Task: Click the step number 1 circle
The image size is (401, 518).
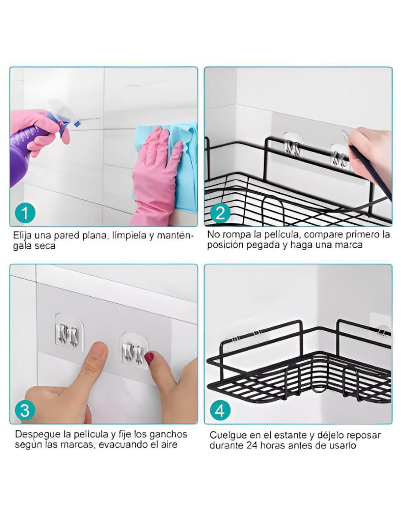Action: (x=25, y=213)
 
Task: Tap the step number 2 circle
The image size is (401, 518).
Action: (x=220, y=213)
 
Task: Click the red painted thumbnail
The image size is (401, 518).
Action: (x=150, y=358)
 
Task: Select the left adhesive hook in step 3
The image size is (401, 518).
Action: (x=69, y=332)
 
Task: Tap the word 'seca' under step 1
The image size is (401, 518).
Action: (x=45, y=246)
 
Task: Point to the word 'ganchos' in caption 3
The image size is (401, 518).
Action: (x=169, y=435)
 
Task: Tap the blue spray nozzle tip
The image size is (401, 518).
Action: (x=76, y=124)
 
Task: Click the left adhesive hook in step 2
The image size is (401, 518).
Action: (x=293, y=145)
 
